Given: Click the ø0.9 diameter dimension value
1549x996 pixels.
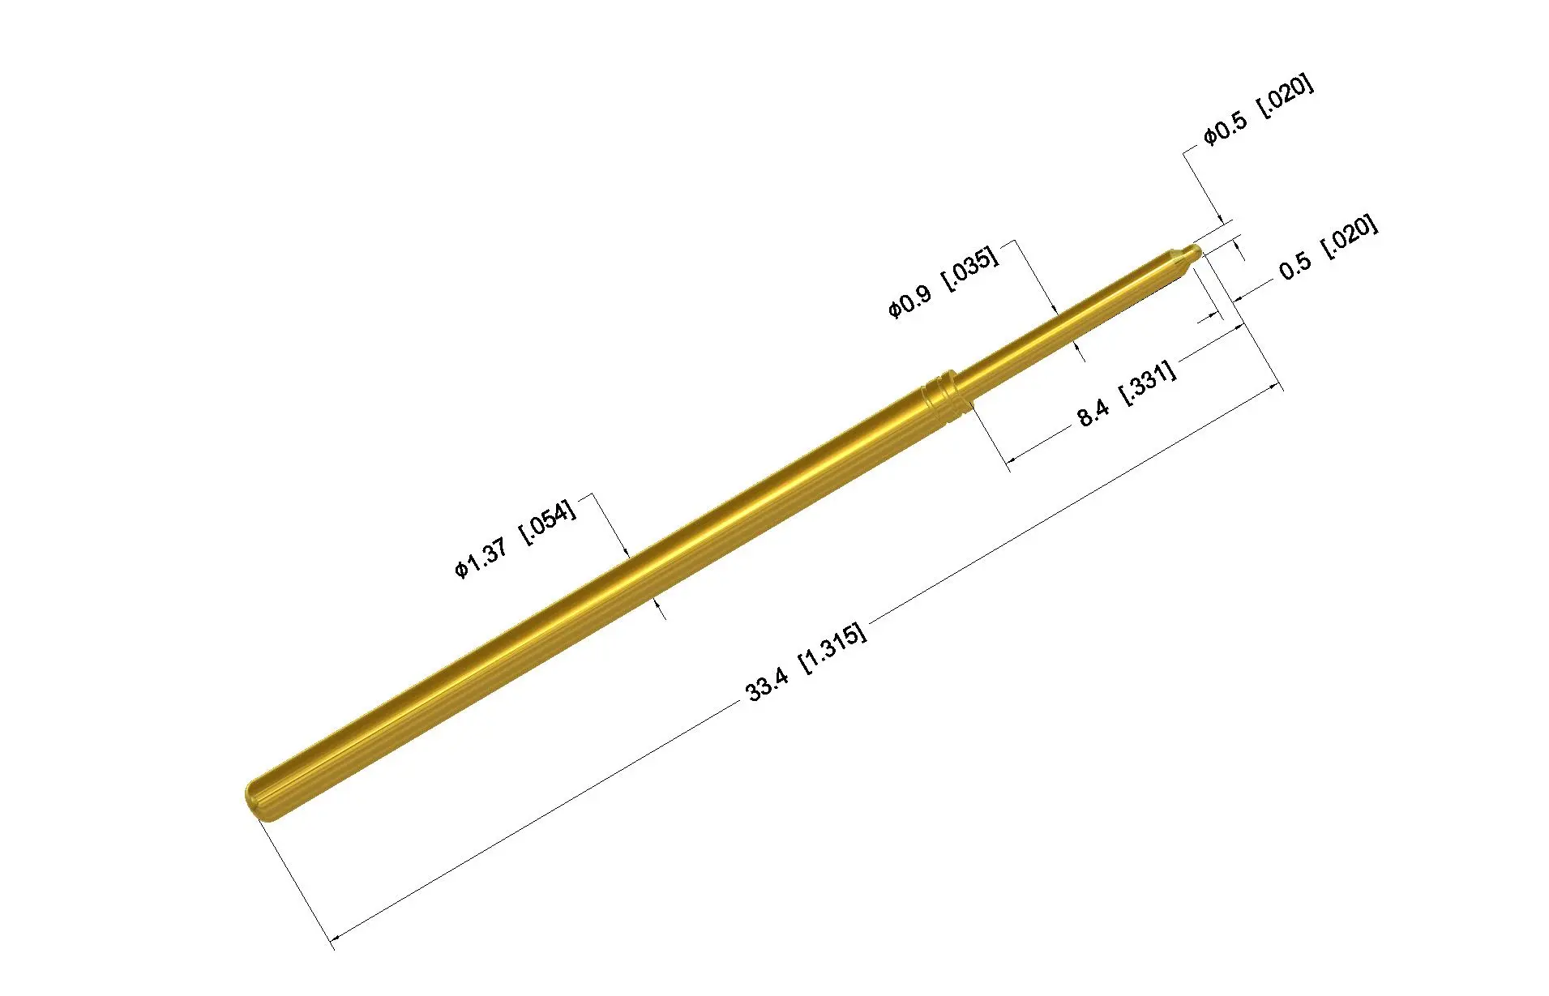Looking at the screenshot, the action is point(909,301).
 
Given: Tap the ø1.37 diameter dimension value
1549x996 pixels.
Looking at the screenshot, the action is point(481,558).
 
